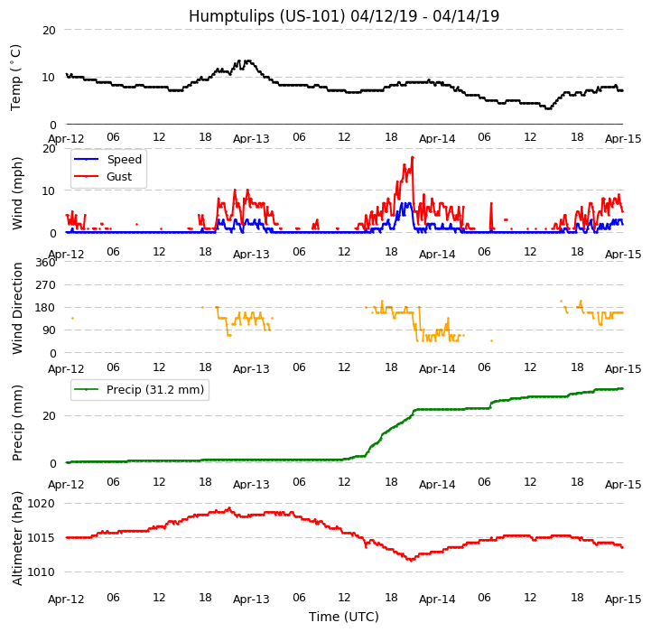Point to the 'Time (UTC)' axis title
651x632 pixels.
tap(344, 617)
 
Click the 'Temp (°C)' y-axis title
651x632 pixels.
tap(16, 77)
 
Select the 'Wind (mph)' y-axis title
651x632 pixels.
tap(18, 192)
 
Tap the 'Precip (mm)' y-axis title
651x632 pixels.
tap(18, 423)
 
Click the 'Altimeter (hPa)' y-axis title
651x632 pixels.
tap(18, 537)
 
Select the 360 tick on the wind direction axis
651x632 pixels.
tap(45, 262)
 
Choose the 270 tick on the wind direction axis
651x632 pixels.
tap(45, 284)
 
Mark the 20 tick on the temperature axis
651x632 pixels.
tap(50, 30)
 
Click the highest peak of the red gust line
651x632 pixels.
tap(413, 157)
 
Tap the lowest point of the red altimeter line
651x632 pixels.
tap(411, 561)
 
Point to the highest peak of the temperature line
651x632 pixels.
tap(246, 60)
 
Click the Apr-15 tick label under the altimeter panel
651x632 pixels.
tap(623, 599)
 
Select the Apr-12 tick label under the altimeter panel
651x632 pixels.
tap(66, 599)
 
